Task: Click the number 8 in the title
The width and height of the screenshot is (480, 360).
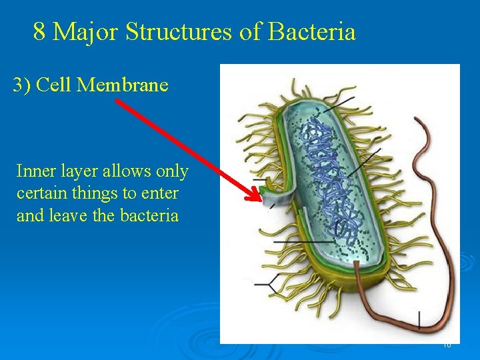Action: pyautogui.click(x=39, y=31)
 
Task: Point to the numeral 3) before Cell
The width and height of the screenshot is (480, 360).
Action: pyautogui.click(x=22, y=85)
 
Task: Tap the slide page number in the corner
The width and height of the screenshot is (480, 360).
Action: pyautogui.click(x=447, y=345)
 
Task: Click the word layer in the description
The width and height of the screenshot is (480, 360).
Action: pyautogui.click(x=78, y=171)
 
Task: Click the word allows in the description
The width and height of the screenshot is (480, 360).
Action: pyautogui.click(x=127, y=171)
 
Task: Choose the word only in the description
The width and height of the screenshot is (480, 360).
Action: pyautogui.click(x=172, y=171)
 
